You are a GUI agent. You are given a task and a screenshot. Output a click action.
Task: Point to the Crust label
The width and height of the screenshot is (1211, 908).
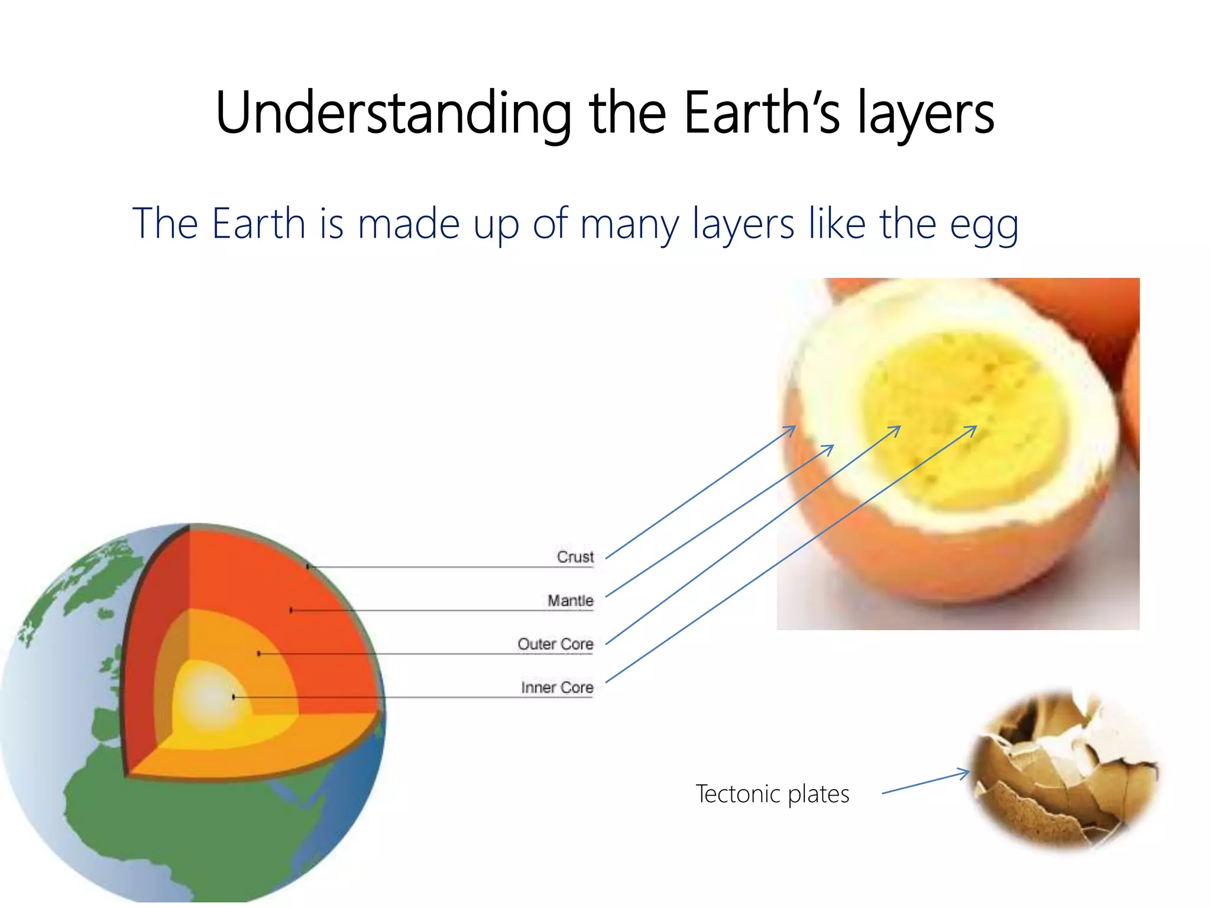tap(575, 557)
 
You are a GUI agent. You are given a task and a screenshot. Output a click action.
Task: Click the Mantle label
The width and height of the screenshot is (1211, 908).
tap(570, 601)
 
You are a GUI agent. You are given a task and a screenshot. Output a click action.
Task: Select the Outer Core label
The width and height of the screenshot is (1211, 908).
tap(555, 644)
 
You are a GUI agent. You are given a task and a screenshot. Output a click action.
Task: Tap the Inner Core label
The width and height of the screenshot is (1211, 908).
tap(556, 688)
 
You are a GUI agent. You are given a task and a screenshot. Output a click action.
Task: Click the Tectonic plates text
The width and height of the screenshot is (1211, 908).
tap(772, 794)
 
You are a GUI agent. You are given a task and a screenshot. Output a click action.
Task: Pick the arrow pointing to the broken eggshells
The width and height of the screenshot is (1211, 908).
tap(925, 782)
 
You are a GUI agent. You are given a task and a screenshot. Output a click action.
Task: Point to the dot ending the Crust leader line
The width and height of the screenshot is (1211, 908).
tap(308, 567)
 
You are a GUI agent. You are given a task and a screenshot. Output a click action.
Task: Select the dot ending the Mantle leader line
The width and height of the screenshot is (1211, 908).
tap(291, 610)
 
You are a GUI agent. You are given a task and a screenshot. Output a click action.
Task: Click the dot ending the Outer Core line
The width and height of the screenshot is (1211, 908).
tap(259, 654)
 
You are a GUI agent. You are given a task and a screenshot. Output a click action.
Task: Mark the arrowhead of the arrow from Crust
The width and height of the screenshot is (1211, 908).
tap(792, 428)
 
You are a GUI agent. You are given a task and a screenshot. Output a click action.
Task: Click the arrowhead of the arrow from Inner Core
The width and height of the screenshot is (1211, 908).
tap(973, 428)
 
